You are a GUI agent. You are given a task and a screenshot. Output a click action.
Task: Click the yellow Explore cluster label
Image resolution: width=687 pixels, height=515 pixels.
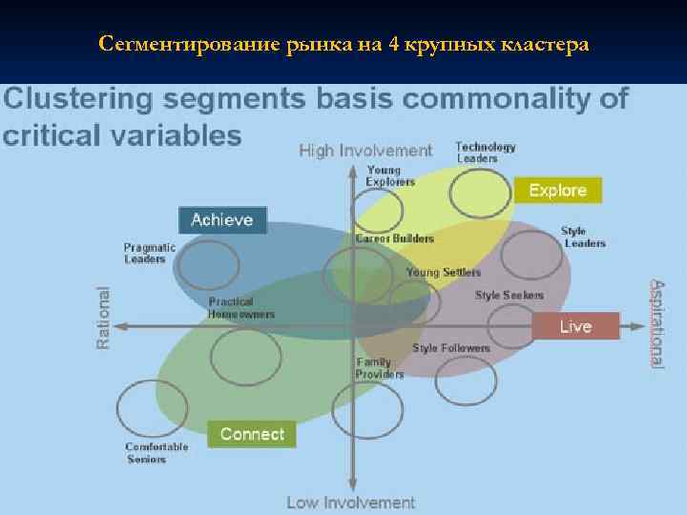[557, 191]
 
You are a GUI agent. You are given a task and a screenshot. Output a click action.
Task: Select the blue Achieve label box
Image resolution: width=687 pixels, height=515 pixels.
[222, 220]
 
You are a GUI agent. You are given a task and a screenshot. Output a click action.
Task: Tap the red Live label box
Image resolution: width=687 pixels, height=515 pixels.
[575, 326]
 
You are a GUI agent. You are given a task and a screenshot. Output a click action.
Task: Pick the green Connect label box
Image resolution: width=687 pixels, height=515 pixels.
[252, 434]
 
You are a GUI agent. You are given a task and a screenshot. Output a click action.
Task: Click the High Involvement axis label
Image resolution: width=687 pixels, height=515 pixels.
[365, 151]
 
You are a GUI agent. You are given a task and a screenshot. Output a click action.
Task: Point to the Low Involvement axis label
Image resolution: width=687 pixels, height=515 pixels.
[351, 502]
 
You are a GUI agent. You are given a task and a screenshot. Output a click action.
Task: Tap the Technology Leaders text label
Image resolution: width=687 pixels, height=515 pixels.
[485, 153]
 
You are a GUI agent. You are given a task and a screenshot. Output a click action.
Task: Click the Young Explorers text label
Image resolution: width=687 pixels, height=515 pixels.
[391, 175]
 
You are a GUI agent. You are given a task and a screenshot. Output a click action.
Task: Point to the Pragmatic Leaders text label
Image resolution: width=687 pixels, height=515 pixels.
[150, 253]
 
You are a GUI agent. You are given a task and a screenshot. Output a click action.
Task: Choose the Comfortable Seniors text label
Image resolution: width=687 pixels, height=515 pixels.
[156, 453]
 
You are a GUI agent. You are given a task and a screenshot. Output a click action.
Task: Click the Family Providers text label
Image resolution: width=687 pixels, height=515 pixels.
[380, 368]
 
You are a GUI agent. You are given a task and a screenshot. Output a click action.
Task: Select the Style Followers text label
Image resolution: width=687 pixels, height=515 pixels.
[450, 348]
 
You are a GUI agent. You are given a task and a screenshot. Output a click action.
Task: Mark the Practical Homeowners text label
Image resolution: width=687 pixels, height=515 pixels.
[241, 308]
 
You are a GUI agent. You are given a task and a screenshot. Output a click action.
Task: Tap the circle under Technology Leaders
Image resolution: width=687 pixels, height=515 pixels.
[480, 193]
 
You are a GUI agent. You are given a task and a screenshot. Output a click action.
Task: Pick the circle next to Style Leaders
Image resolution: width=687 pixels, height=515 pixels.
[531, 254]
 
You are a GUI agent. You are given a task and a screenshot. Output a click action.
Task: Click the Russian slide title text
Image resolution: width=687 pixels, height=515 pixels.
[343, 44]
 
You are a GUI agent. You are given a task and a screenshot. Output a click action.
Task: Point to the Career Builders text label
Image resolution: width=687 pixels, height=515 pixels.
[394, 238]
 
